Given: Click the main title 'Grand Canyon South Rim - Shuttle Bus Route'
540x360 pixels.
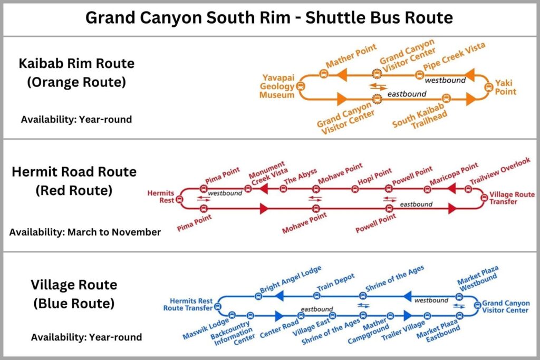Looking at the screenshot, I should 269,17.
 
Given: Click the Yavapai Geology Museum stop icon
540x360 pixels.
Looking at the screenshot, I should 301,86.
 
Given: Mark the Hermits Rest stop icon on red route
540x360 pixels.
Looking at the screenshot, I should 179,199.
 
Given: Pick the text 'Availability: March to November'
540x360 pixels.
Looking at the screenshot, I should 85,232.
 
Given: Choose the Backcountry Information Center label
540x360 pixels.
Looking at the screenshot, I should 235,333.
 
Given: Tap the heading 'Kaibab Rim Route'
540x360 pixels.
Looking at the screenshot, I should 76,64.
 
